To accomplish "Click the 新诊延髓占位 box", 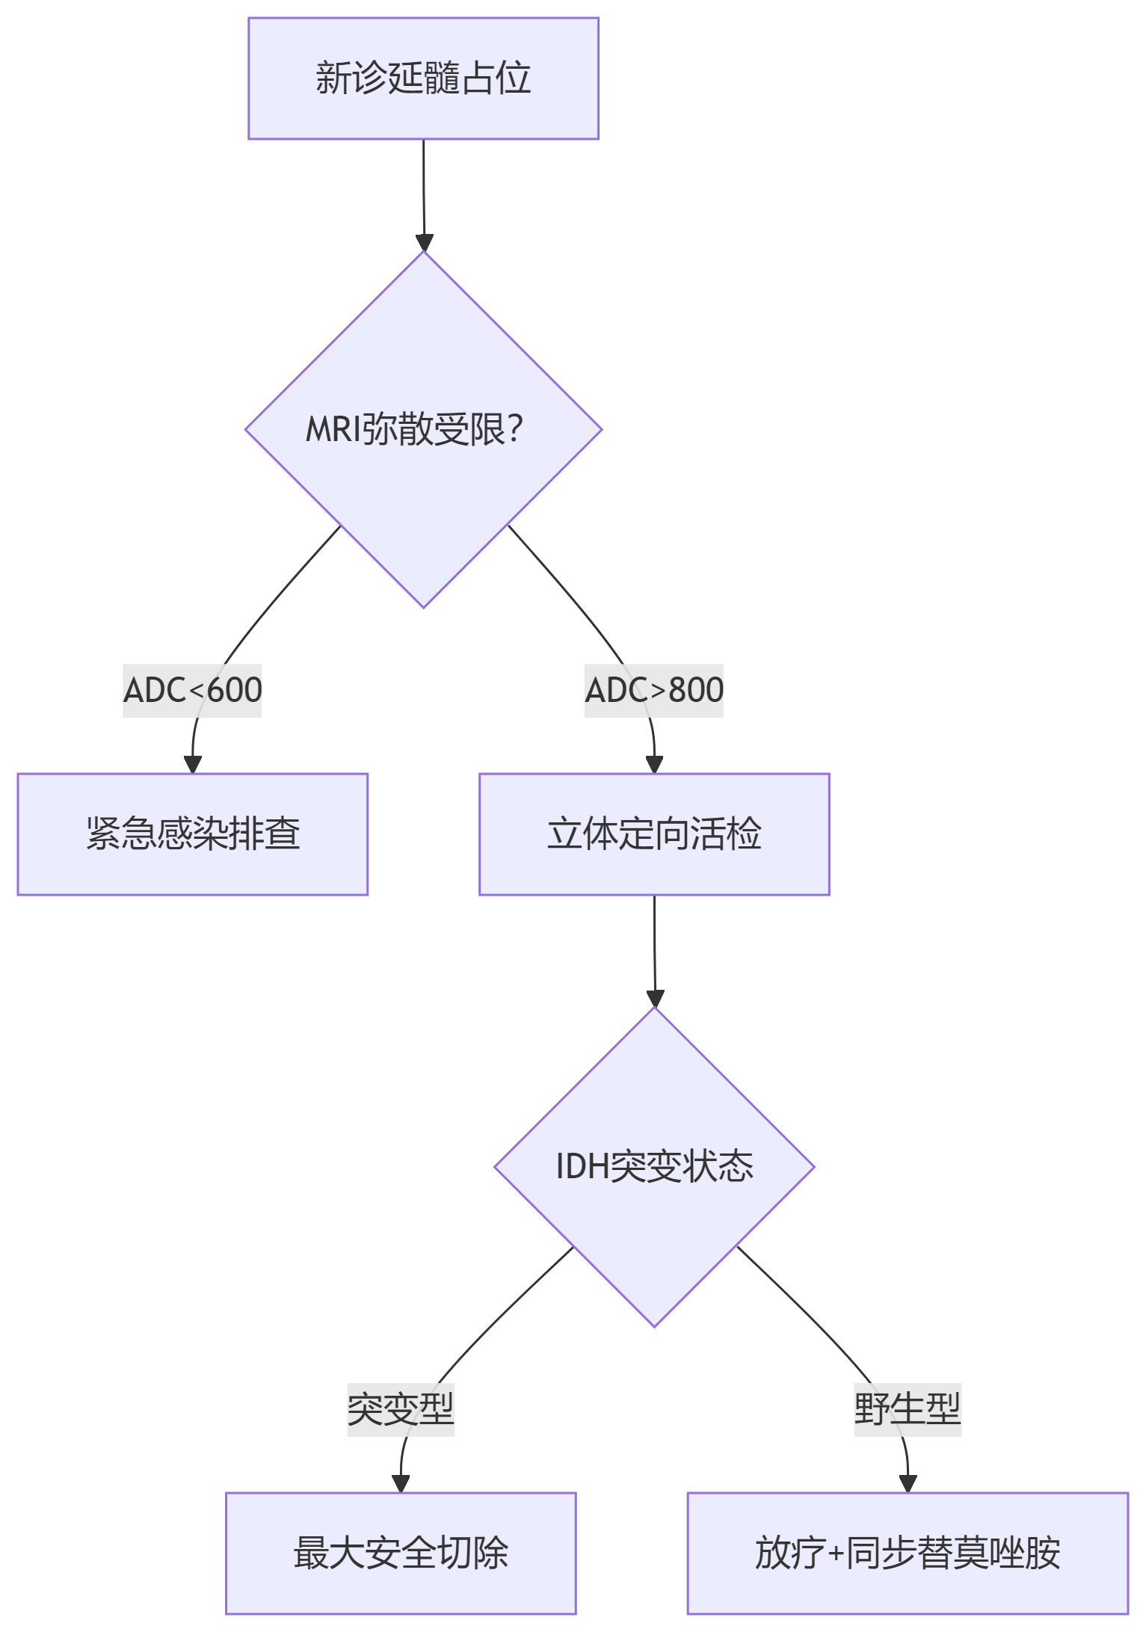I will (x=423, y=78).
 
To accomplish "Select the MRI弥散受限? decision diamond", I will (x=423, y=429).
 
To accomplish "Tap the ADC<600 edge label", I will (x=192, y=690).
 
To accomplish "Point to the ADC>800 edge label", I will (x=654, y=690).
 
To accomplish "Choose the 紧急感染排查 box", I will (x=193, y=834).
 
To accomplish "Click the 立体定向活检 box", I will (x=654, y=834).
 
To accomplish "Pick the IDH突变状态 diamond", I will (x=654, y=1167).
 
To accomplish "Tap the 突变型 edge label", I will (x=401, y=1409).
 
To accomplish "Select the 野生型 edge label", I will (x=908, y=1409).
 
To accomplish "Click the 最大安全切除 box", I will (x=401, y=1553).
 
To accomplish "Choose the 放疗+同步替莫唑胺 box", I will (x=908, y=1553).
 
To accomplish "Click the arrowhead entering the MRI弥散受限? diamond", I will (x=425, y=243).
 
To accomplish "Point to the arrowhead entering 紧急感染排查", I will (x=193, y=764).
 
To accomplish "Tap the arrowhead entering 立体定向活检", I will (x=654, y=764).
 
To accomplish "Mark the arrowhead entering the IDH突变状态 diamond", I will (x=655, y=999).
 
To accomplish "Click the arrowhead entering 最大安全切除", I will (x=401, y=1483).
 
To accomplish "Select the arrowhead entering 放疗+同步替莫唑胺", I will (x=908, y=1483).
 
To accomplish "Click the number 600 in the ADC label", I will (x=234, y=690).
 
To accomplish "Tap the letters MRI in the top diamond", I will (x=333, y=430).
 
